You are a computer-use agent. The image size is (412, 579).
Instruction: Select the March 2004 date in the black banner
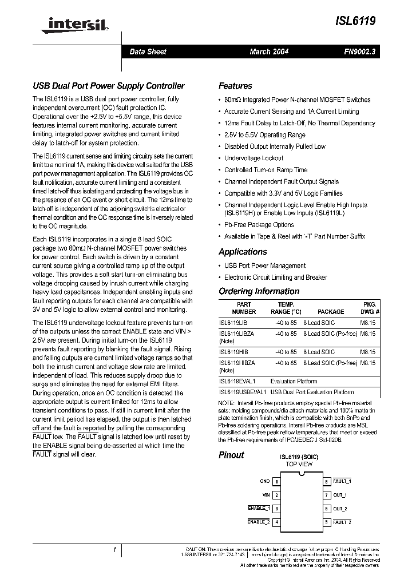click(x=269, y=51)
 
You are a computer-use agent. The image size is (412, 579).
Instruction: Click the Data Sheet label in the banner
click(x=148, y=51)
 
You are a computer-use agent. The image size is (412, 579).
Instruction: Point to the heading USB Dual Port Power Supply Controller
click(x=108, y=86)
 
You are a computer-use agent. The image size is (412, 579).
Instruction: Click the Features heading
click(x=235, y=86)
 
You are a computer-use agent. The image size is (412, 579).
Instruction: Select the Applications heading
click(x=243, y=252)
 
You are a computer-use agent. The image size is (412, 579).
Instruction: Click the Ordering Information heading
click(x=259, y=291)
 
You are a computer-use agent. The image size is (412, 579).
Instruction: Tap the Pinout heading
click(x=231, y=455)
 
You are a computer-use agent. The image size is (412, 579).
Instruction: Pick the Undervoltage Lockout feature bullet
click(x=253, y=158)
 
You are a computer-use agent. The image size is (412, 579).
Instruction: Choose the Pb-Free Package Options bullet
click(x=259, y=225)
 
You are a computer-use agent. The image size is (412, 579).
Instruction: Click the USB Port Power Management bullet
click(x=265, y=265)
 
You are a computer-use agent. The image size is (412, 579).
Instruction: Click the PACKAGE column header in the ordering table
click(x=331, y=312)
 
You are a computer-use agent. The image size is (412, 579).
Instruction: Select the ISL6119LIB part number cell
click(x=233, y=323)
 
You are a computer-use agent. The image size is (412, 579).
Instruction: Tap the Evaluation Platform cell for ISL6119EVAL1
click(x=294, y=381)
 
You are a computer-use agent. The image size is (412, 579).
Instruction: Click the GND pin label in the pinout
click(x=264, y=482)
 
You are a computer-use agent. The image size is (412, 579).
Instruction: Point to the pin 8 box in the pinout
click(x=327, y=482)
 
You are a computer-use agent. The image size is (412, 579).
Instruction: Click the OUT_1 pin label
click(x=340, y=495)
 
